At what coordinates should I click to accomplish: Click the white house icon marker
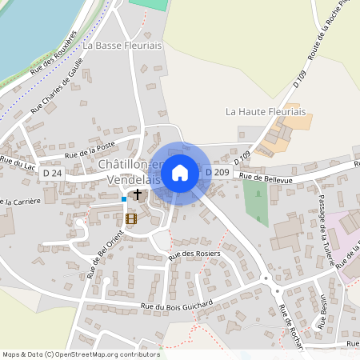click(180, 172)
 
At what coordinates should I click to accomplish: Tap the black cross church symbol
click(138, 194)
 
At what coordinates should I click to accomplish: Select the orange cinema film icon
click(131, 218)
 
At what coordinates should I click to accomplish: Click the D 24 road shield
click(53, 173)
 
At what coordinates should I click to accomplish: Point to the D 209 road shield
click(218, 172)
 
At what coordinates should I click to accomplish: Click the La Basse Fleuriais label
click(128, 46)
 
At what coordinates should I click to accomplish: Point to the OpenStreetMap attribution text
click(81, 354)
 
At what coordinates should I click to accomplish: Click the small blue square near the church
click(123, 198)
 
